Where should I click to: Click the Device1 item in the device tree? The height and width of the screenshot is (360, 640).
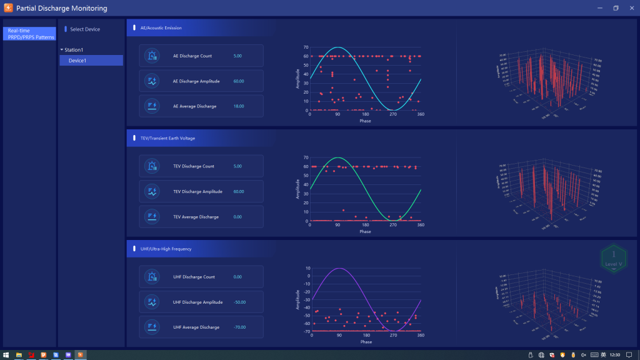[x=77, y=61]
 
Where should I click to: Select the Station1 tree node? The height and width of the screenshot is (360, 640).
[x=74, y=50]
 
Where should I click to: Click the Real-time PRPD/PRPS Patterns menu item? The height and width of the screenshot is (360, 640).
[x=31, y=34]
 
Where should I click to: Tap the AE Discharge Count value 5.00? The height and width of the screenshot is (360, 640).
[x=237, y=56]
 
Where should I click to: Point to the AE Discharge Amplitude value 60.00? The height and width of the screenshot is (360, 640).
[x=239, y=81]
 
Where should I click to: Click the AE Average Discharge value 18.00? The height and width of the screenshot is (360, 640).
[x=239, y=106]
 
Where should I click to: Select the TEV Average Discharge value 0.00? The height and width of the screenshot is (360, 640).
[x=237, y=217]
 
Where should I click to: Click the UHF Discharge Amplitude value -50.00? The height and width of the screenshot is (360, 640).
[x=241, y=302]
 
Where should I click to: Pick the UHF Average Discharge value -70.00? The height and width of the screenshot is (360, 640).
[x=241, y=327]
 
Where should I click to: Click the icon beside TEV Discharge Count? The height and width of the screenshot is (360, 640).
[x=152, y=166]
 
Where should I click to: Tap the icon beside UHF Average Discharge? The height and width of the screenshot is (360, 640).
[x=152, y=327]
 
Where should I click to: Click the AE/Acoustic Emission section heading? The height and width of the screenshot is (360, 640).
[x=161, y=28]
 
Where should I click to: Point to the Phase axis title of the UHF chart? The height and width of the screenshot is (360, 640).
[x=366, y=342]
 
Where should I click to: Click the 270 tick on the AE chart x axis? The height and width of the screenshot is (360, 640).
[x=392, y=114]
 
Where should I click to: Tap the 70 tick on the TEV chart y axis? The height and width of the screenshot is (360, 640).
[x=306, y=158]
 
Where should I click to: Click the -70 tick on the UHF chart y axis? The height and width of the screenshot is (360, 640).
[x=306, y=331]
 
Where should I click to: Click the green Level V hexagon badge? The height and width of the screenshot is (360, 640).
[x=614, y=258]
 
